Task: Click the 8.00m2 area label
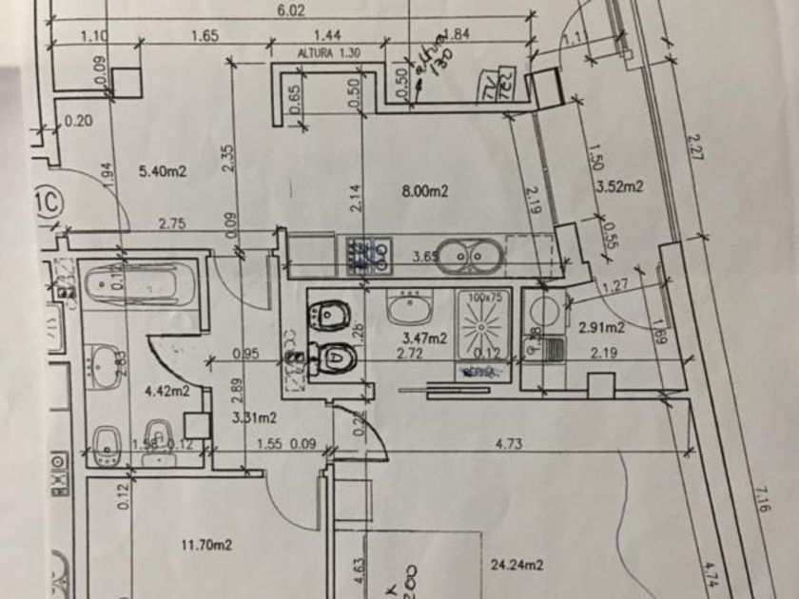click(x=424, y=191)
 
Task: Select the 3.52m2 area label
click(x=618, y=186)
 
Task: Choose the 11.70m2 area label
click(x=206, y=545)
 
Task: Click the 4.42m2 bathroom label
click(x=166, y=390)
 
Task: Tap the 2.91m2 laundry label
click(x=601, y=328)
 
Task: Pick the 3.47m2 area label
click(x=425, y=337)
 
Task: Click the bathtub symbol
click(x=140, y=283)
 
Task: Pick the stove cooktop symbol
click(x=368, y=252)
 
